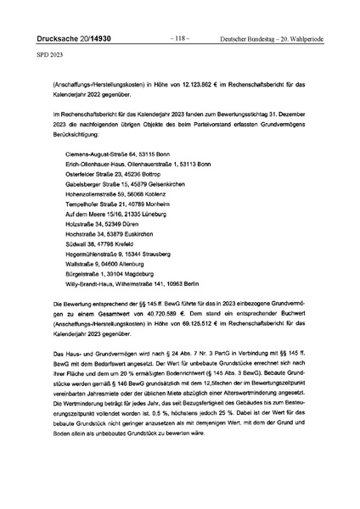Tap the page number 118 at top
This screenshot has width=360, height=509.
click(180, 39)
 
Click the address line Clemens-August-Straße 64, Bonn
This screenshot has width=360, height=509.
click(121, 155)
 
